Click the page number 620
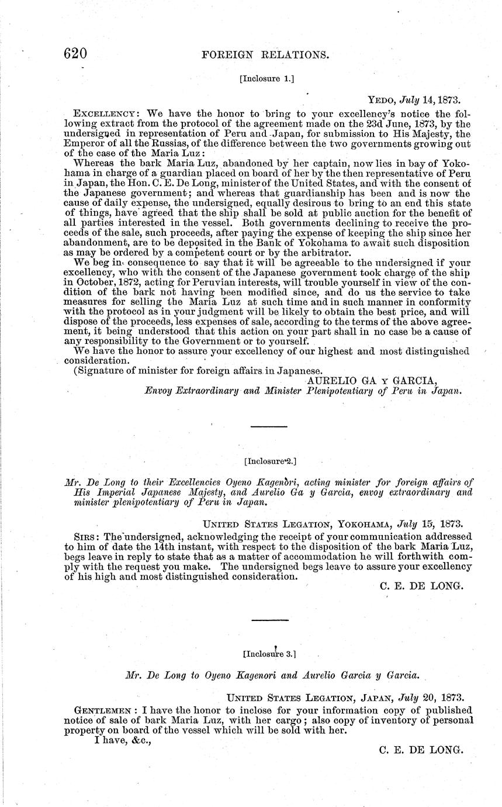coord(75,54)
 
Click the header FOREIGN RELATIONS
coord(265,56)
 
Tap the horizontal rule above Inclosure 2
coord(269,427)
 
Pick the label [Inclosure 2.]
coord(269,461)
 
